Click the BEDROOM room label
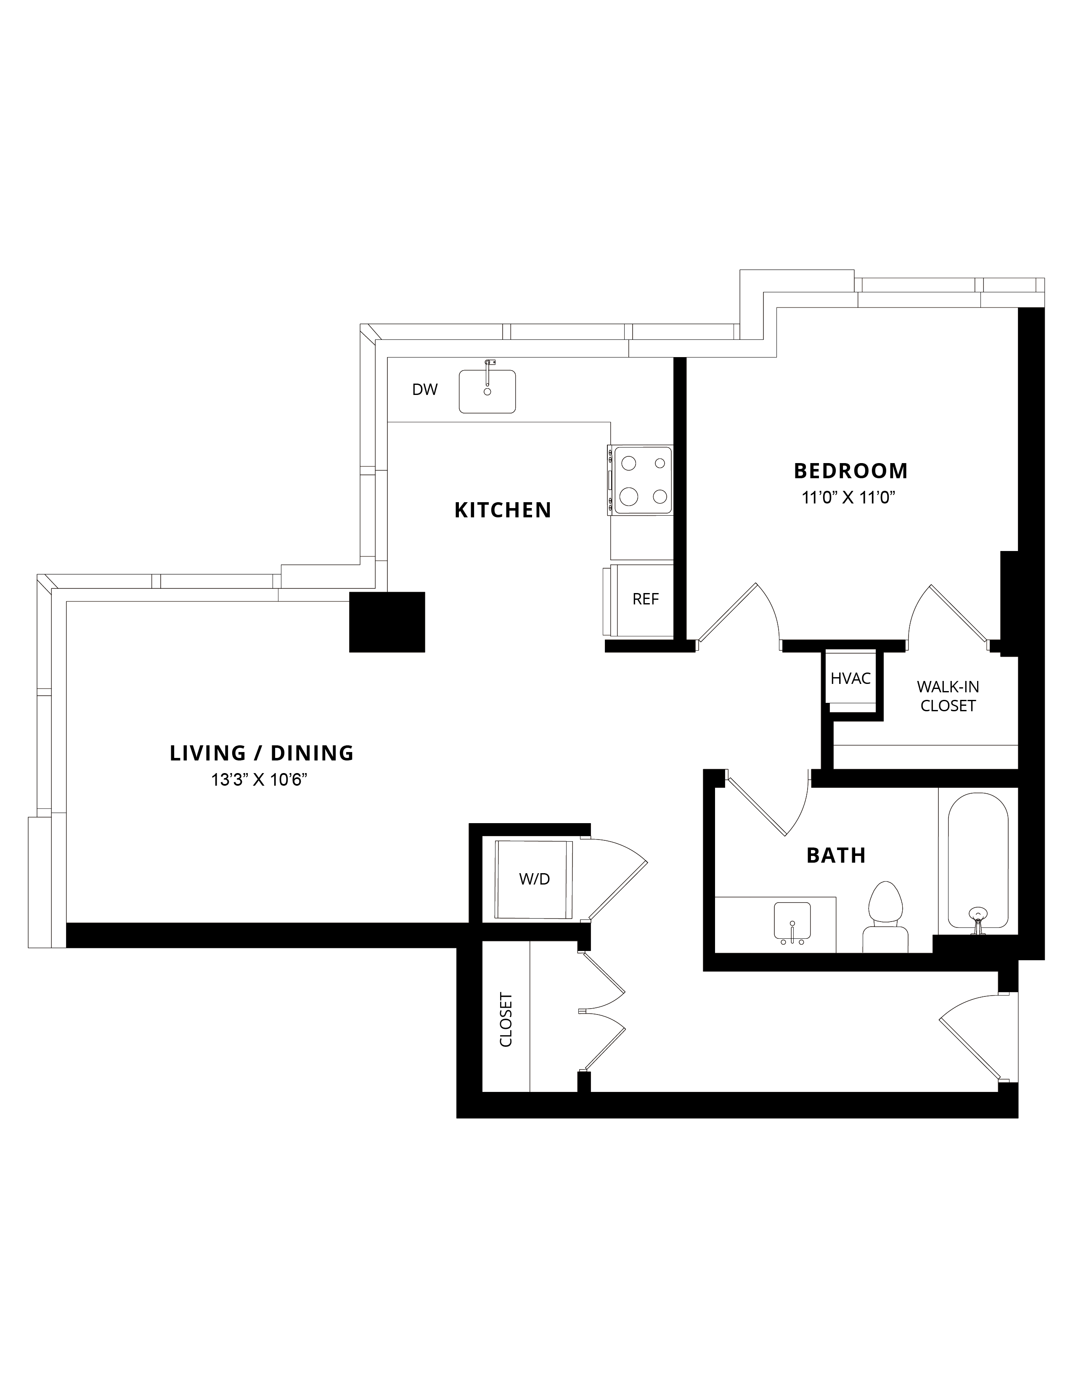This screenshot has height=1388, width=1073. [x=850, y=471]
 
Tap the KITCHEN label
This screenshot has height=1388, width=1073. [x=503, y=510]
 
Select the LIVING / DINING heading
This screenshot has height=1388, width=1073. [x=261, y=753]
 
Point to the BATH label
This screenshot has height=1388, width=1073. [x=836, y=856]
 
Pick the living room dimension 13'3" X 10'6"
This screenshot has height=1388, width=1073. [x=260, y=780]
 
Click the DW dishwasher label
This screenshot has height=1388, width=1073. [x=425, y=389]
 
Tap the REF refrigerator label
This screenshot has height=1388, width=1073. [x=646, y=599]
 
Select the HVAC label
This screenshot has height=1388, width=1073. [x=850, y=679]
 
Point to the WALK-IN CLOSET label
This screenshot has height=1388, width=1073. [x=948, y=696]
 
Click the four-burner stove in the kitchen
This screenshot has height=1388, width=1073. [x=641, y=480]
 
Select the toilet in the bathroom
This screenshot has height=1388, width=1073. [x=885, y=917]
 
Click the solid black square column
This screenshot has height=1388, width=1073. [x=387, y=622]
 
